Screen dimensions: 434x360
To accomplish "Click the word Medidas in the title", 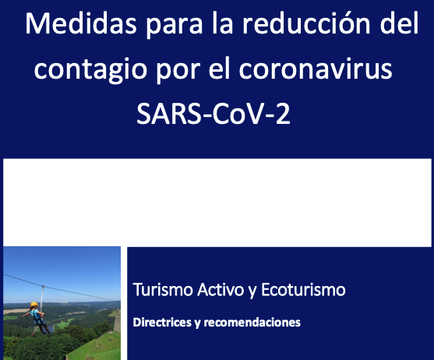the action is [x=81, y=23].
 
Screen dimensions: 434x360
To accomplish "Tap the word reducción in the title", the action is [x=306, y=23].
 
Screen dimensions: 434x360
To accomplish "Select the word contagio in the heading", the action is [x=90, y=71].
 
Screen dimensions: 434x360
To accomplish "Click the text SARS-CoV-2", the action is [x=213, y=114].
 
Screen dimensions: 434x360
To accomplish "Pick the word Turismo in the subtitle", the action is [x=163, y=290].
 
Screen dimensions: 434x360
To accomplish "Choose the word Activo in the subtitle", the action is [x=221, y=290].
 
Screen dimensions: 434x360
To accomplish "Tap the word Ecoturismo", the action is [x=303, y=290].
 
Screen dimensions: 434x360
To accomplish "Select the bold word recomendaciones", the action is [x=252, y=323].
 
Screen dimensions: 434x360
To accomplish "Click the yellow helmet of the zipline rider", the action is [x=34, y=305].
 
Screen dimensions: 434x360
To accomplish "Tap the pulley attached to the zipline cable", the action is [x=43, y=286].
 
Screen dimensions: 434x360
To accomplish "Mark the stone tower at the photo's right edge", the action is [x=118, y=321].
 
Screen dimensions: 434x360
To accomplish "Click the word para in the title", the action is [x=174, y=26].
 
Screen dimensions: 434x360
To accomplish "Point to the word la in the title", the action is [x=223, y=23].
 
